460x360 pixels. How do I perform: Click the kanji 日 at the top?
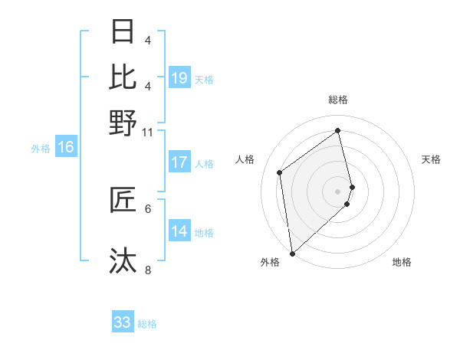[123, 32]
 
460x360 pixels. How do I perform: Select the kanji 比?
[123, 77]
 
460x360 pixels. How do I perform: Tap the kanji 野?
[123, 123]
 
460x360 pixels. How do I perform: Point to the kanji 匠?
[123, 200]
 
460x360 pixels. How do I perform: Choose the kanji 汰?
[123, 260]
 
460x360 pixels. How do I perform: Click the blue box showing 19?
[179, 78]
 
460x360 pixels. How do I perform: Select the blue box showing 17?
[179, 162]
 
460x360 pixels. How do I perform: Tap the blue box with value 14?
[179, 231]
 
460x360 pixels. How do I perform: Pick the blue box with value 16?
[66, 148]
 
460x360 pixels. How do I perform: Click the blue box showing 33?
[123, 322]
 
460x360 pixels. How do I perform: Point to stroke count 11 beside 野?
[147, 132]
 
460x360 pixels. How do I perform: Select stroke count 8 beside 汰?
[148, 269]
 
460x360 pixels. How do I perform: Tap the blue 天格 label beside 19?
[204, 79]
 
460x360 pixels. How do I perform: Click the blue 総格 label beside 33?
[147, 324]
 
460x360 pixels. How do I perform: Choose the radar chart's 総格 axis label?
[338, 100]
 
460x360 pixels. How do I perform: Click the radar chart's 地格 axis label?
[402, 262]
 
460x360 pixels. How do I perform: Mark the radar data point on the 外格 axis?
[292, 253]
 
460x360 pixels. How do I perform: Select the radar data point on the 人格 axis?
[280, 172]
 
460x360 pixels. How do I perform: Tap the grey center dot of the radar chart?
[338, 191]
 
